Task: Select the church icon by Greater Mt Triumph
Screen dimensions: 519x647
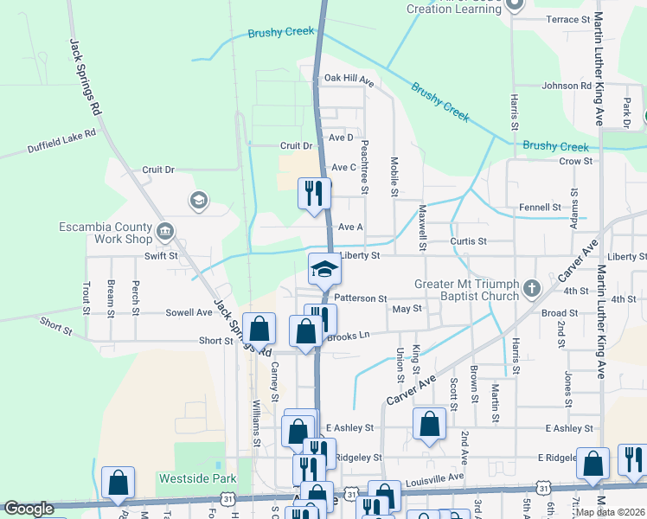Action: point(532,286)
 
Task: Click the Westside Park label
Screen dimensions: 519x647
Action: point(185,477)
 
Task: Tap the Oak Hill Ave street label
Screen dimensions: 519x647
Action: point(349,79)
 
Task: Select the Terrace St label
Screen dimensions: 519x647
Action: point(567,18)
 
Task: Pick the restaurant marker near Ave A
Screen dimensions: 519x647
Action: point(314,193)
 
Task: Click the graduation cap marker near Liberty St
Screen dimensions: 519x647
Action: point(325,270)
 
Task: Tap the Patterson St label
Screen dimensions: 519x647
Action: point(360,298)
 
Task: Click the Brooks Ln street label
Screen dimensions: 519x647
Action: point(348,336)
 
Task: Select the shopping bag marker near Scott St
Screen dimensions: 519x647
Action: point(429,425)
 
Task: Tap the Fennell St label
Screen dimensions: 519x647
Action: point(540,208)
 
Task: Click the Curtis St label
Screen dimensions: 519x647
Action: point(469,240)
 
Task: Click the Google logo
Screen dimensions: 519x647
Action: point(29,509)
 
